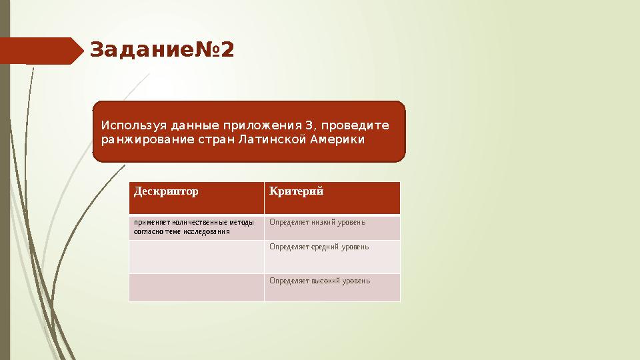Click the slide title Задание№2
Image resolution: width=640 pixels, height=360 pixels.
(162, 50)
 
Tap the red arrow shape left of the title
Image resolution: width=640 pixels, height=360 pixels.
(40, 51)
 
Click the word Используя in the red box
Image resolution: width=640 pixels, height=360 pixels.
(134, 125)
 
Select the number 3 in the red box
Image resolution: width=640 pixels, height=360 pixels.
(308, 125)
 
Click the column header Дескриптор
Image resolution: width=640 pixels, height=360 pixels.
(166, 192)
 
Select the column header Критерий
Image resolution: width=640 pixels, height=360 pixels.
(296, 192)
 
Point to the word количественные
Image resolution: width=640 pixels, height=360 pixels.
(199, 223)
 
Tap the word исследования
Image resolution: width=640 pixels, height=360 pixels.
(208, 232)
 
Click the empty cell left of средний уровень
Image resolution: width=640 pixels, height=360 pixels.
(196, 257)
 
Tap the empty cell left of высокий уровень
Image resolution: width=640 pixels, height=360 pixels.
(196, 287)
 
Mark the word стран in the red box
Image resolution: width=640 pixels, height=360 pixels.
(236, 140)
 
